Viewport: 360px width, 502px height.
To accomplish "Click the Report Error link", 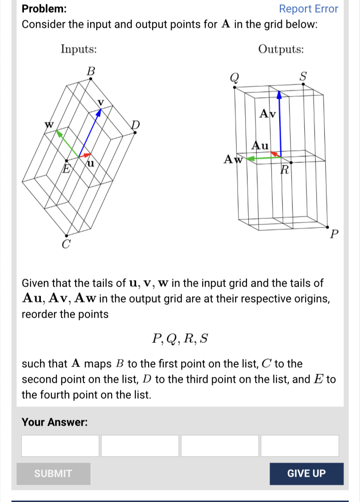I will point(308,9).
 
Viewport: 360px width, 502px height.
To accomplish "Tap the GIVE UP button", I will point(306,474).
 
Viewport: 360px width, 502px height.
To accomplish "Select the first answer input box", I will point(60,446).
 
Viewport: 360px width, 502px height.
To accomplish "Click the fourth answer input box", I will point(300,446).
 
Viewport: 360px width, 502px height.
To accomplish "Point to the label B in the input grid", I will point(90,71).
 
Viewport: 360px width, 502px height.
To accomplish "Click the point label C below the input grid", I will point(65,244).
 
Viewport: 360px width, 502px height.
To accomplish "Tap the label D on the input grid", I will point(136,125).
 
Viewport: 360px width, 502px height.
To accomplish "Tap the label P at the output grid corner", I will point(333,235).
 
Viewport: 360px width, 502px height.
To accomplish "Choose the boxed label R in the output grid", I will point(285,169).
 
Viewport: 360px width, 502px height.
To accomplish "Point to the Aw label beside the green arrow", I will point(232,159).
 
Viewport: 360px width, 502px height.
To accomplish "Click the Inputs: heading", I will point(79,49).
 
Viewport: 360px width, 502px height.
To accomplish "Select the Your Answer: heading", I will point(55,422).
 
